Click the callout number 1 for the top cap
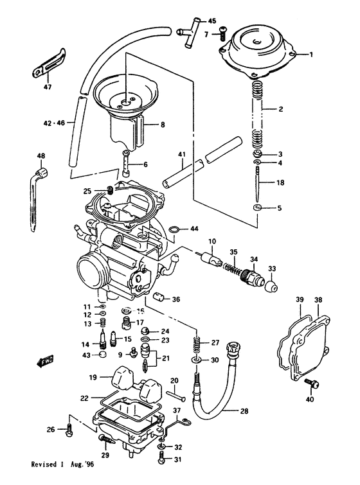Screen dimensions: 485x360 click(x=311, y=55)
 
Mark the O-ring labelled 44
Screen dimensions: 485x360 click(x=174, y=229)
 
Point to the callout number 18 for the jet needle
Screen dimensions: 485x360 click(x=280, y=183)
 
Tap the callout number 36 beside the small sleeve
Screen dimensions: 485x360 click(x=177, y=299)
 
